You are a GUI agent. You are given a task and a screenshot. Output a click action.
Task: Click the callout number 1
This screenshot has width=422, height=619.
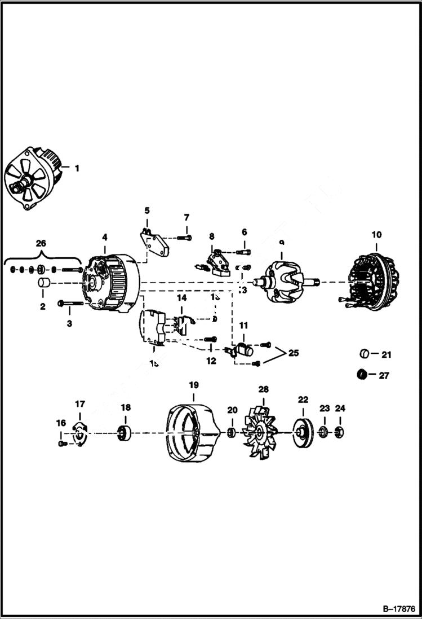point(77,168)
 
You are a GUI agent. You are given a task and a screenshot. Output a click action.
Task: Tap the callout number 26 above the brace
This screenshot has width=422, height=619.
point(41,243)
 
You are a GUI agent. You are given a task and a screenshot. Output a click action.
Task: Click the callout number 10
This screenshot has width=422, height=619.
point(376,234)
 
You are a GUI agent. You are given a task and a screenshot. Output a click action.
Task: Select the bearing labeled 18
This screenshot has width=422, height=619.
point(125,434)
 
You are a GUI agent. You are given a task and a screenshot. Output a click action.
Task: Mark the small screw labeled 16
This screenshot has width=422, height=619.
point(62,444)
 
